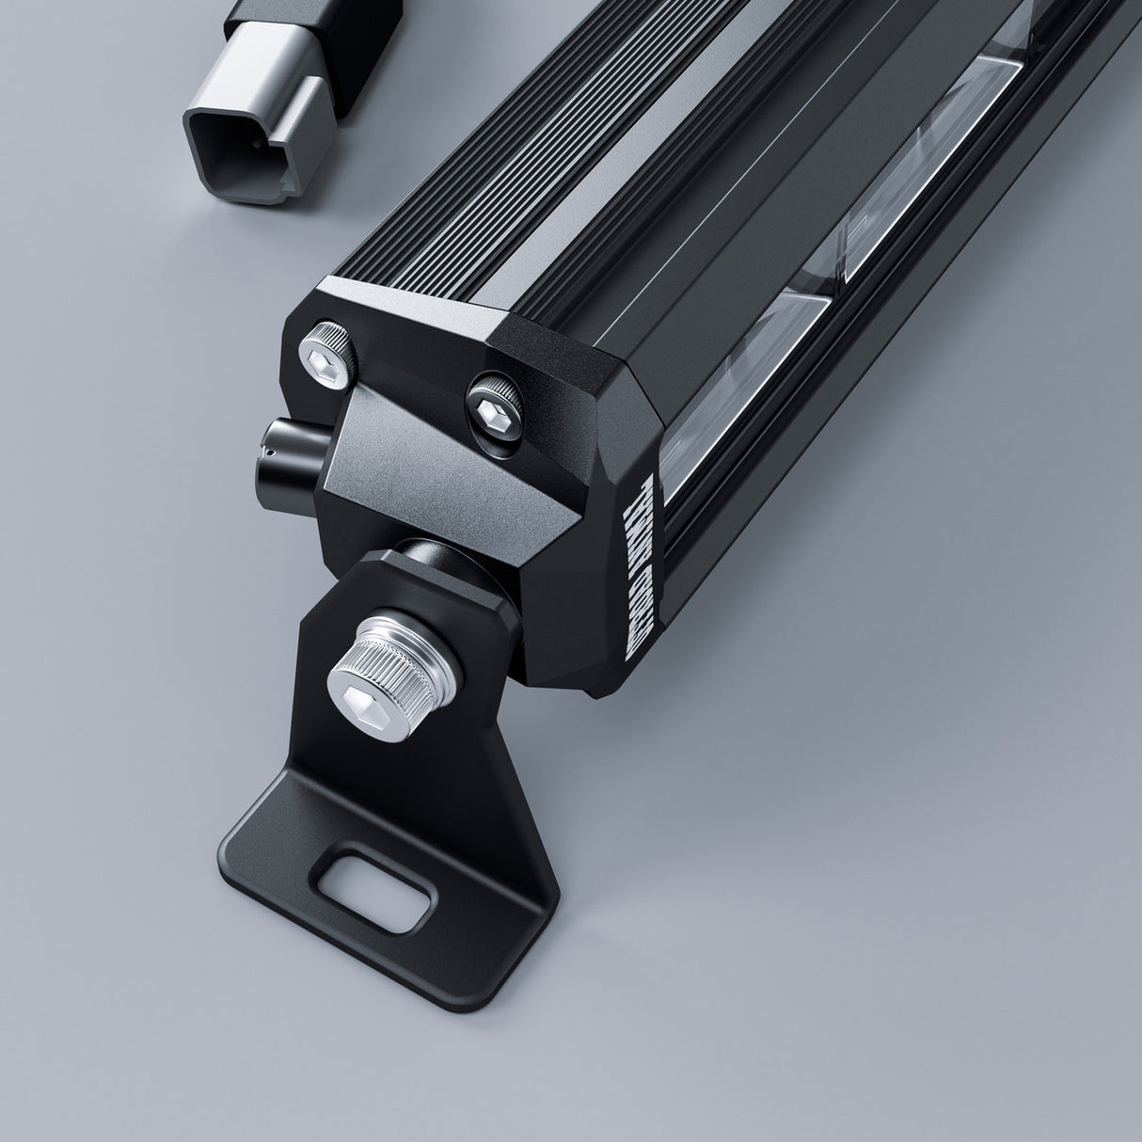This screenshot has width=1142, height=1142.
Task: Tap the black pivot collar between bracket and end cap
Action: pyautogui.click(x=442, y=565)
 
